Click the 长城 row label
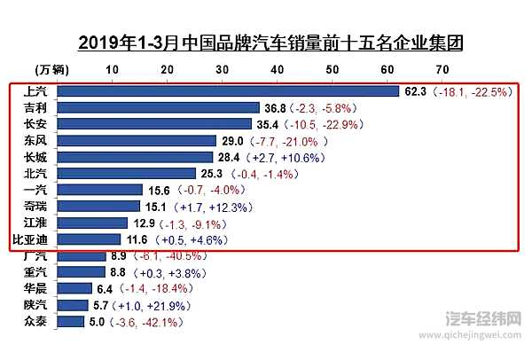(x=35, y=157)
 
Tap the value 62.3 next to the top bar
(x=415, y=90)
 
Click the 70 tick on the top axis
(x=442, y=69)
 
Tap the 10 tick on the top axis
(x=113, y=69)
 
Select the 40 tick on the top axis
(x=278, y=69)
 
